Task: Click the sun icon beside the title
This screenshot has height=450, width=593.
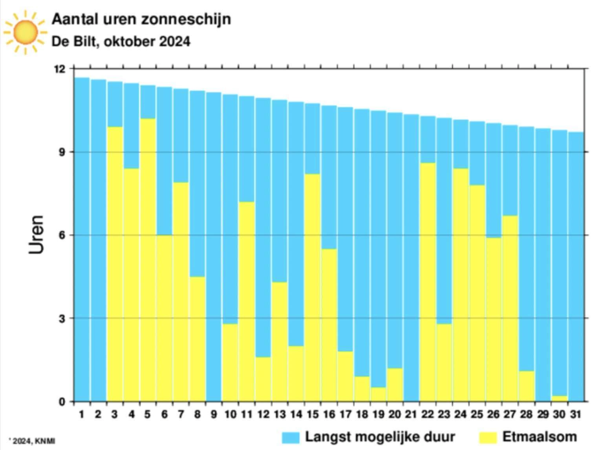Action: (25, 32)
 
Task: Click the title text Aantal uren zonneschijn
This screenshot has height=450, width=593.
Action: (141, 19)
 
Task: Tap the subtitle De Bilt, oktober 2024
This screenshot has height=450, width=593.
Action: (121, 41)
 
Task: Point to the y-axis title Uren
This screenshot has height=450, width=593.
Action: (36, 234)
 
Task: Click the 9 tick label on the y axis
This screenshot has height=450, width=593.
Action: (62, 152)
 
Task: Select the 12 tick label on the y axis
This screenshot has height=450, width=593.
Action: (60, 69)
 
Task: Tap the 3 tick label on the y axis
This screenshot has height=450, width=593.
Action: (62, 318)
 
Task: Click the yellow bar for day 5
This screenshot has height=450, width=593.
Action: (148, 259)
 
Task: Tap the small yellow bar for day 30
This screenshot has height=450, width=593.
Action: (559, 399)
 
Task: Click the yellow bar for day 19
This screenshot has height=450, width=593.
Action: (378, 394)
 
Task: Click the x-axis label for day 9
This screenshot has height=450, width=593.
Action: (214, 414)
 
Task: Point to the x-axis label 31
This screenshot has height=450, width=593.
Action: (575, 414)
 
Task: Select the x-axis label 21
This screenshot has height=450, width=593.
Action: (411, 414)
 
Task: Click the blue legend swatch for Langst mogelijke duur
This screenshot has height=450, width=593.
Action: (291, 437)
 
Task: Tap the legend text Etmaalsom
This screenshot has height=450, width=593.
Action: (540, 437)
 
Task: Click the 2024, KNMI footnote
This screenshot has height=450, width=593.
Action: (33, 441)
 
